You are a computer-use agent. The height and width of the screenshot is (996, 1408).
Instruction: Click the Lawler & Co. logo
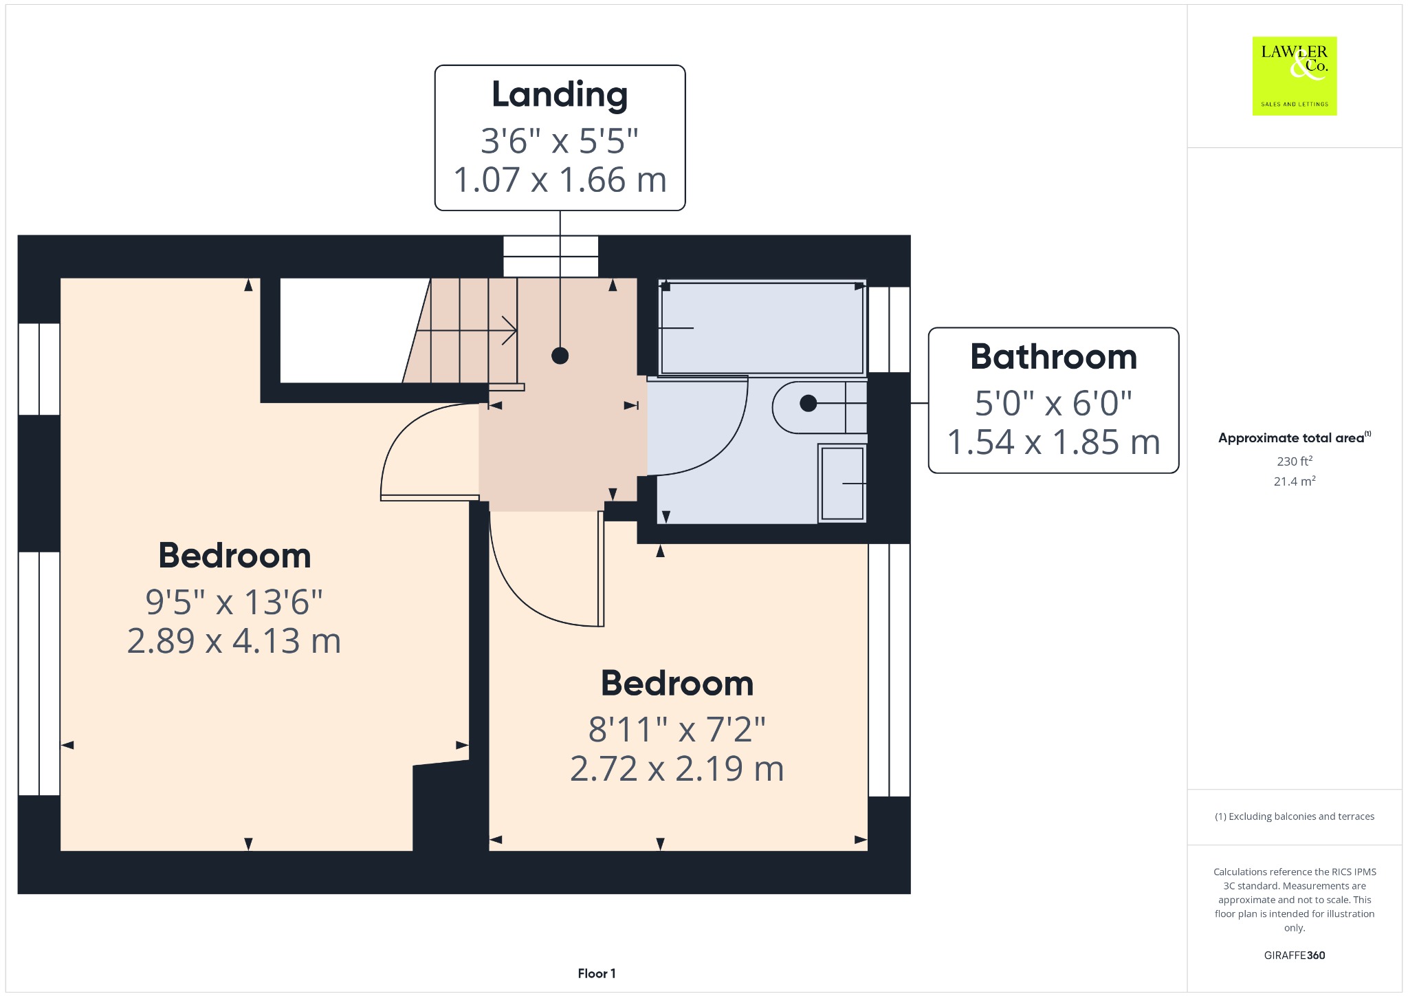(1295, 76)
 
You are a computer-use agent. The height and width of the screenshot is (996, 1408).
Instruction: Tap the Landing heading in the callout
(560, 95)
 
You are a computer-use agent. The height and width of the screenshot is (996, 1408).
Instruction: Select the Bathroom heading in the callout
(1053, 356)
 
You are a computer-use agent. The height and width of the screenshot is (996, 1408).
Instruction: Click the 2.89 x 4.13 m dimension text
(234, 640)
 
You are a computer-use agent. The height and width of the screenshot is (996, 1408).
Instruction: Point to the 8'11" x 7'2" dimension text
(677, 729)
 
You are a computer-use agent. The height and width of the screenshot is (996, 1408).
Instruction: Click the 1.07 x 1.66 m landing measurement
(560, 180)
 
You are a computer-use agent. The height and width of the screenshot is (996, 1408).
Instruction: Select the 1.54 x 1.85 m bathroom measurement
(1053, 442)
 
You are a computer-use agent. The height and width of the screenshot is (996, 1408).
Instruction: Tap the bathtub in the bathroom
(762, 327)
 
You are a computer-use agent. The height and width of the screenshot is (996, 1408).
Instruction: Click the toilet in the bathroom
(819, 407)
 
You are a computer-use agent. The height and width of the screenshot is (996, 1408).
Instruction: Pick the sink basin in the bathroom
(842, 484)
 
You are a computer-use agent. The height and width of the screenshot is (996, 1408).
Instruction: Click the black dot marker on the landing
(560, 356)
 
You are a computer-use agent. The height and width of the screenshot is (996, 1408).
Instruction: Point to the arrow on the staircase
(467, 331)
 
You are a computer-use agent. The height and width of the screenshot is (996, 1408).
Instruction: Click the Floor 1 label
(597, 973)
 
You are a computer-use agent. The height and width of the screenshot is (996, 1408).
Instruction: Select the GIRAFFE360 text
(1295, 955)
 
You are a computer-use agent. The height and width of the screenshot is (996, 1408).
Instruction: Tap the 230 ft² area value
(1295, 461)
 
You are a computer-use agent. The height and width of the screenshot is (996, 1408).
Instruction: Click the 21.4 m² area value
(1295, 481)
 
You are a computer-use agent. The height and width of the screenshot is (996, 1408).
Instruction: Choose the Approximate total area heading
(1295, 437)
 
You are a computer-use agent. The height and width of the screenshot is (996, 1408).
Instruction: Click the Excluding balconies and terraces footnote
(1295, 816)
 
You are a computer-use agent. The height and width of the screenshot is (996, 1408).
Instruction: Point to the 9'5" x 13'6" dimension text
(234, 602)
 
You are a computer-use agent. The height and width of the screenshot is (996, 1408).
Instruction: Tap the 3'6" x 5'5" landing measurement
(560, 141)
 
